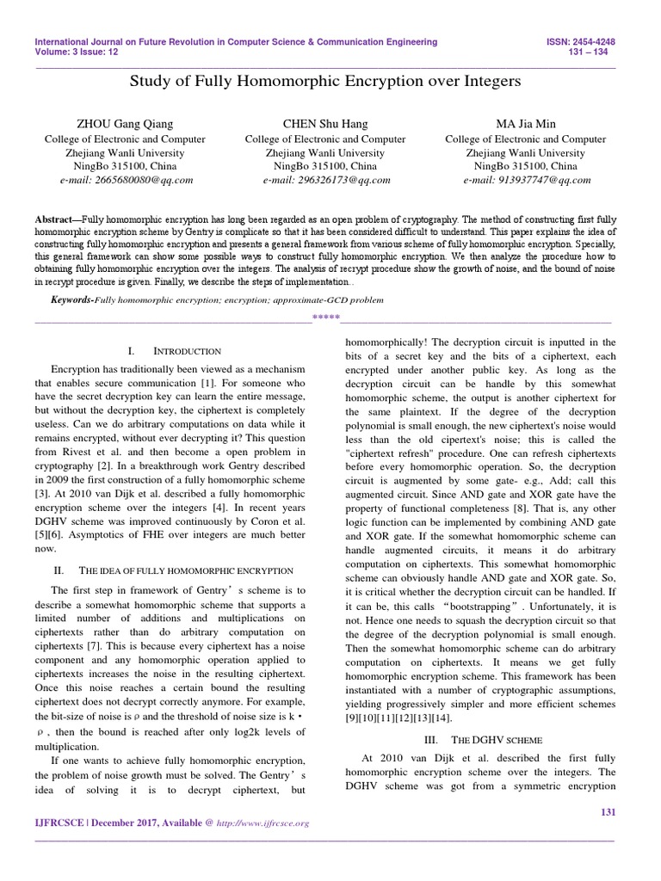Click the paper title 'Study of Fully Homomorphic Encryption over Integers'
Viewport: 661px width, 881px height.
tap(324, 82)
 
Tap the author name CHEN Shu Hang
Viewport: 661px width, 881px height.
tap(324, 124)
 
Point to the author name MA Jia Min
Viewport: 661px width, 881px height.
tap(527, 124)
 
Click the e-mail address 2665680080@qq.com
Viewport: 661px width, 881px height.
tap(126, 180)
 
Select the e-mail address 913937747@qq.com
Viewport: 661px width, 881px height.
tap(527, 180)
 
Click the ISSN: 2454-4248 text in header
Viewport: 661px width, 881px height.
tap(586, 41)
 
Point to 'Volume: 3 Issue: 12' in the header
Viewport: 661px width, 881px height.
tap(76, 52)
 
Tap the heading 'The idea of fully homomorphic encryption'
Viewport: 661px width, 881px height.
tap(186, 570)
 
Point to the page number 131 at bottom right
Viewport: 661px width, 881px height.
tap(607, 812)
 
